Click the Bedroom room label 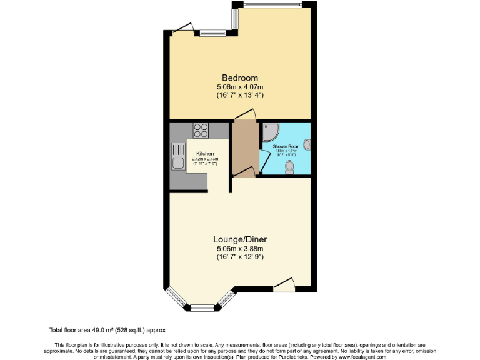pos(240,77)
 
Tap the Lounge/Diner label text pos(240,239)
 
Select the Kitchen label pos(205,154)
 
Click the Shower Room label pos(286,145)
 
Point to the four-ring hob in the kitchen pos(201,131)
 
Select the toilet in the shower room pos(289,167)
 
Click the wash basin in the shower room pos(306,145)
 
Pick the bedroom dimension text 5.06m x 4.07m pos(240,86)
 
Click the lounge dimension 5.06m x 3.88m pos(240,248)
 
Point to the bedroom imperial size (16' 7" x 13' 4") pos(240,95)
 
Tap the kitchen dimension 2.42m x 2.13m pos(205,159)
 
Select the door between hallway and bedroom pos(246,115)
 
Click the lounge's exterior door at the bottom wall pos(284,284)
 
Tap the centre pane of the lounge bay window pos(202,307)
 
